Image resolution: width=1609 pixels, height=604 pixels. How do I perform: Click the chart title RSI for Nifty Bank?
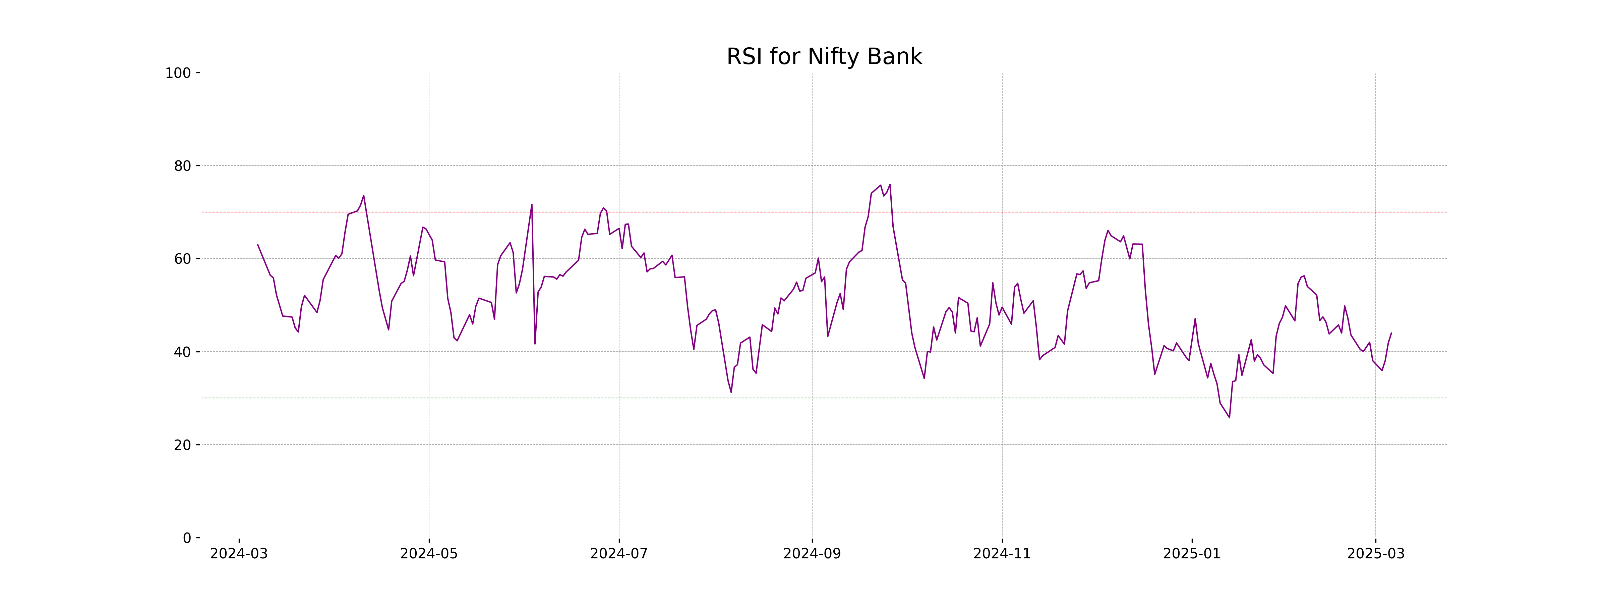point(824,57)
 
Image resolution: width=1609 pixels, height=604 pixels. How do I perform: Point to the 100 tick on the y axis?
point(178,73)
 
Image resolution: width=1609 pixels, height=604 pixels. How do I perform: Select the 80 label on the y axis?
point(182,166)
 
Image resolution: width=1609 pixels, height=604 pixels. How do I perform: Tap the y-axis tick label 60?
point(182,259)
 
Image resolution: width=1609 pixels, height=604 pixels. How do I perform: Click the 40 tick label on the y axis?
point(182,352)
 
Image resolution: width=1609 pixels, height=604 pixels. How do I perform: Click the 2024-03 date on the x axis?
point(239,554)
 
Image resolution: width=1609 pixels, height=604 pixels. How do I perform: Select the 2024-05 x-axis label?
point(429,554)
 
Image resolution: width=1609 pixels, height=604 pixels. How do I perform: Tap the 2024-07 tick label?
point(619,554)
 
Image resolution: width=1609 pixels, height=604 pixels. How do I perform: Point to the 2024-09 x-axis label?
point(812,554)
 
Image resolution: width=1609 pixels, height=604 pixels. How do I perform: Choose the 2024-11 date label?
point(1002,554)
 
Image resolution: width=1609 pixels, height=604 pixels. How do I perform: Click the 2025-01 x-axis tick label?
point(1192,554)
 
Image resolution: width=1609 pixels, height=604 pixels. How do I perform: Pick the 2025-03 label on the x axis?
point(1375,554)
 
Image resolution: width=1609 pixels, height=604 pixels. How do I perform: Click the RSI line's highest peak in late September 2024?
point(889,185)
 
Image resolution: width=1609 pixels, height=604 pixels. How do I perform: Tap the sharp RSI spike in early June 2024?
point(532,204)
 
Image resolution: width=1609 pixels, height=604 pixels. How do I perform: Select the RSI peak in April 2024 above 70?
point(363,196)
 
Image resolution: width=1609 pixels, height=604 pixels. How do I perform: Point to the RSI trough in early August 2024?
point(731,392)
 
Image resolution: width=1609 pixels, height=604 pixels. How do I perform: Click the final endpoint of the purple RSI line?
point(1391,333)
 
